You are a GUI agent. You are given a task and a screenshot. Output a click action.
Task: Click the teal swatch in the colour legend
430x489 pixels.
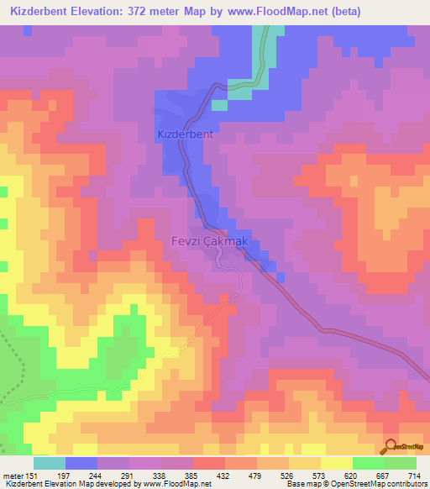point(50,463)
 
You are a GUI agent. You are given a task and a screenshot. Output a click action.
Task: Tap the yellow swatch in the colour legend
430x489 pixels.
point(336,463)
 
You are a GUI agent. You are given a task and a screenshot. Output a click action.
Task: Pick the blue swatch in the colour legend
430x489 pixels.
point(81,463)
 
